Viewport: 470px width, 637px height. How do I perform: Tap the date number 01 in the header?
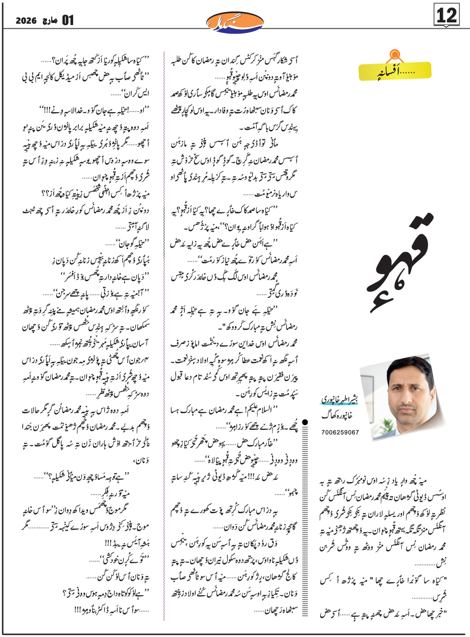68,20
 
